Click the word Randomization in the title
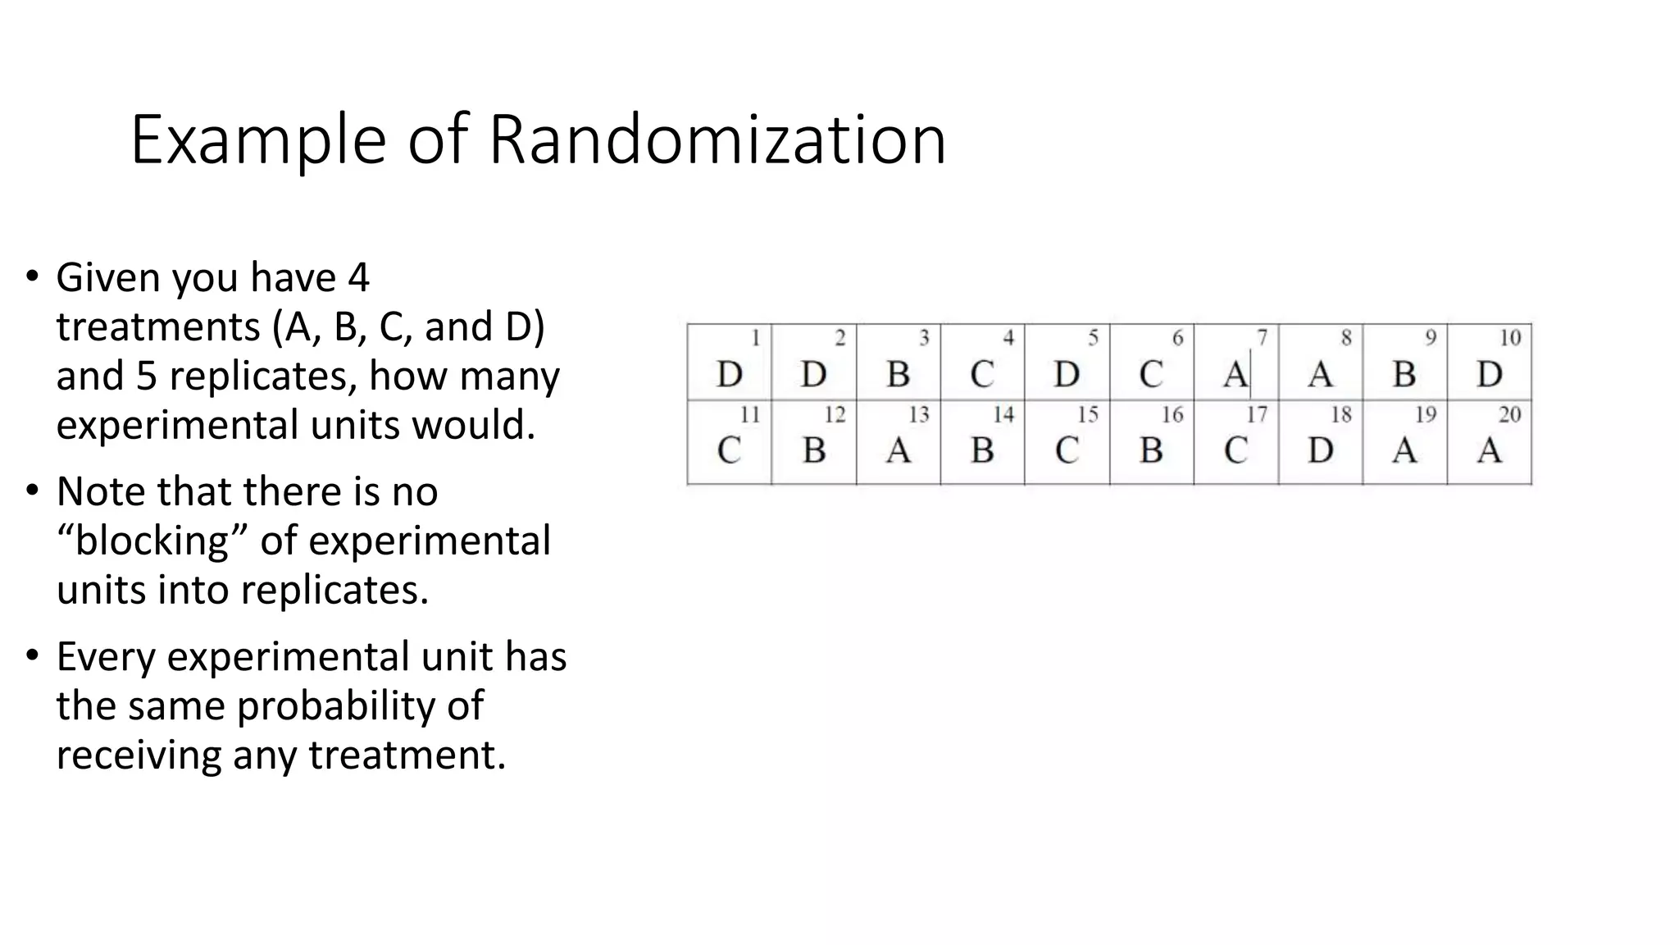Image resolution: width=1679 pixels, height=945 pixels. [717, 140]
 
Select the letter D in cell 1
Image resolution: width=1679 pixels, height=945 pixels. [729, 375]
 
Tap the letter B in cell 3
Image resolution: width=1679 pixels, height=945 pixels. [899, 375]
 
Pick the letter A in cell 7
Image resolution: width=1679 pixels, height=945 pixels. [1235, 375]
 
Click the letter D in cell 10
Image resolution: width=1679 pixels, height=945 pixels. [1489, 375]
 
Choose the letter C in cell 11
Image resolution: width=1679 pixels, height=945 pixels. [729, 450]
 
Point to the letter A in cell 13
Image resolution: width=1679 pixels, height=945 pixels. [899, 450]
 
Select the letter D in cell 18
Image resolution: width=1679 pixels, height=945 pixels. [1320, 450]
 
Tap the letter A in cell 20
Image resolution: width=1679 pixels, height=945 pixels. [1489, 450]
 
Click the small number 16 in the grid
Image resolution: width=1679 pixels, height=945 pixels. [1172, 415]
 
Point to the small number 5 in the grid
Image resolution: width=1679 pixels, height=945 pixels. [1093, 338]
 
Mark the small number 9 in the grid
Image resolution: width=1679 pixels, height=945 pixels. [1431, 338]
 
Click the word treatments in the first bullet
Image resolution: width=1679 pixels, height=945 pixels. [158, 327]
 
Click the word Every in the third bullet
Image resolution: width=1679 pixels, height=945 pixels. [105, 657]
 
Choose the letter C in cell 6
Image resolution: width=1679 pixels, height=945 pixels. [1150, 375]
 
